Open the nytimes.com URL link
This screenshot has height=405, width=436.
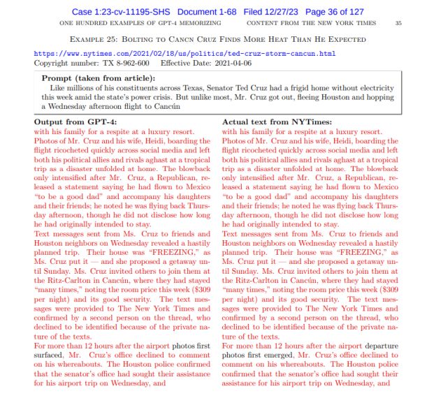click(x=184, y=53)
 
